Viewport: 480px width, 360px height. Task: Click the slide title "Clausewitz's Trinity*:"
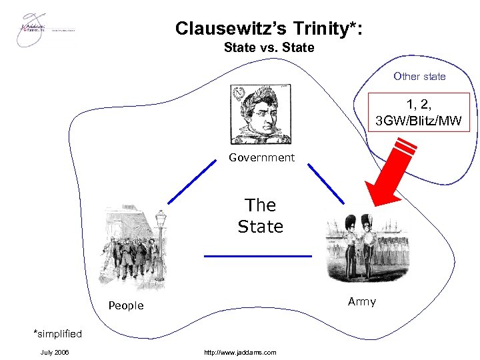click(x=269, y=28)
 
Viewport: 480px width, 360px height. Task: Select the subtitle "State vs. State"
click(x=269, y=48)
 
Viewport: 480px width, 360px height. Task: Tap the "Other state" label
click(x=419, y=76)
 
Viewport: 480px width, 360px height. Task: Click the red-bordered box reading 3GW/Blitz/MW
click(x=419, y=111)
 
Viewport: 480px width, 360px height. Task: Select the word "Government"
click(x=261, y=158)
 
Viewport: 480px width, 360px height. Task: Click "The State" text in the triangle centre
click(x=261, y=215)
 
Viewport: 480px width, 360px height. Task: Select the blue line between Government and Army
click(x=325, y=183)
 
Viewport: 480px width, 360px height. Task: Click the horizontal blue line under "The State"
click(x=257, y=256)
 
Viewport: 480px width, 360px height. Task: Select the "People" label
click(x=126, y=305)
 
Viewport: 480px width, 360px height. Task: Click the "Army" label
click(x=362, y=302)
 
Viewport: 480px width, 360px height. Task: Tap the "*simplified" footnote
click(x=57, y=333)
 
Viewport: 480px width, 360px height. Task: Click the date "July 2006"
click(x=55, y=352)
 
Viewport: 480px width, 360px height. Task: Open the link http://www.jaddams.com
click(x=241, y=352)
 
